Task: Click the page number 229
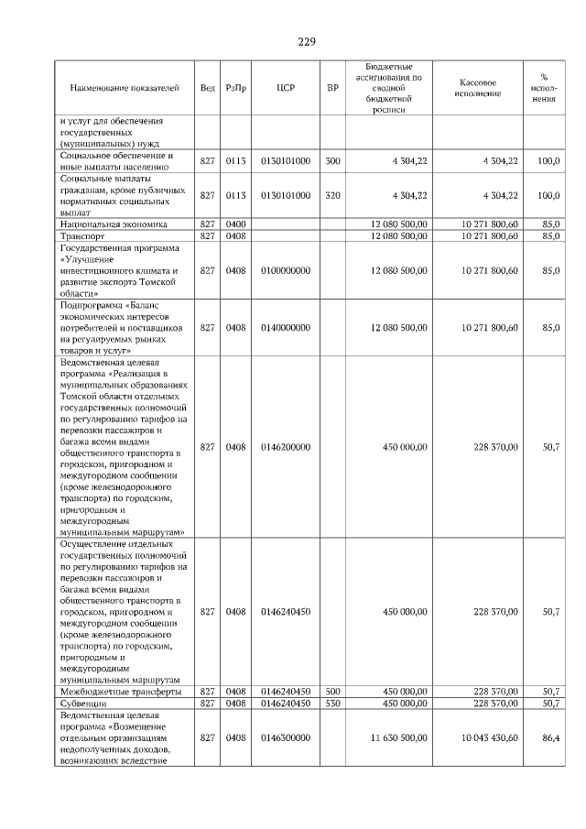(306, 41)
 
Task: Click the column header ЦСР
(285, 88)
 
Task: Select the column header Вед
(208, 88)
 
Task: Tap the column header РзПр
(236, 88)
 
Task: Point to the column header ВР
(332, 88)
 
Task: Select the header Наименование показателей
(125, 88)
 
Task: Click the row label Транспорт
(83, 235)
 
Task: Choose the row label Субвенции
(83, 703)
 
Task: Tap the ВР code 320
(332, 195)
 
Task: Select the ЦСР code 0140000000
(286, 327)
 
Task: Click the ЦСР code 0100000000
(286, 270)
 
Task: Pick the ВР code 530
(332, 703)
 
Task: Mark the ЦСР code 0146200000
(286, 446)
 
